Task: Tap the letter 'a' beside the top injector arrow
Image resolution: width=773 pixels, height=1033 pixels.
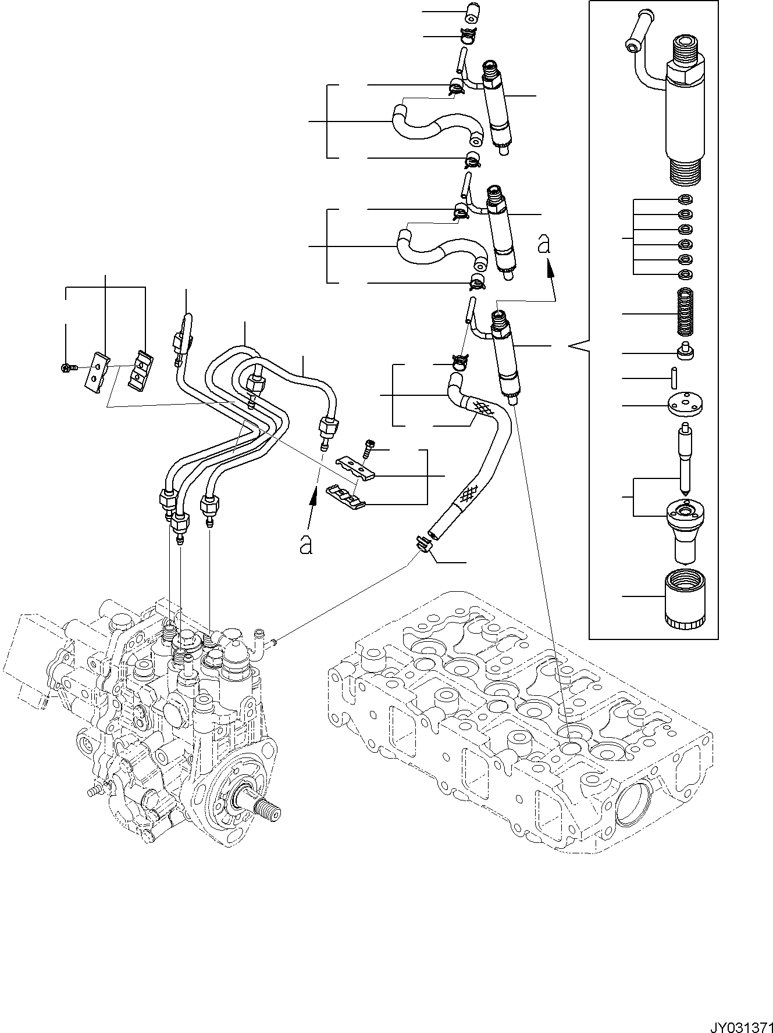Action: pyautogui.click(x=544, y=245)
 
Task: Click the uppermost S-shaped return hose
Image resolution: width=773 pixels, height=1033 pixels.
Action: pyautogui.click(x=436, y=124)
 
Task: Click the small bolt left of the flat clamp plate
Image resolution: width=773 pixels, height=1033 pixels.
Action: pyautogui.click(x=66, y=367)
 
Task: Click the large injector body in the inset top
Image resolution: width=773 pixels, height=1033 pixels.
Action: pyautogui.click(x=688, y=110)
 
